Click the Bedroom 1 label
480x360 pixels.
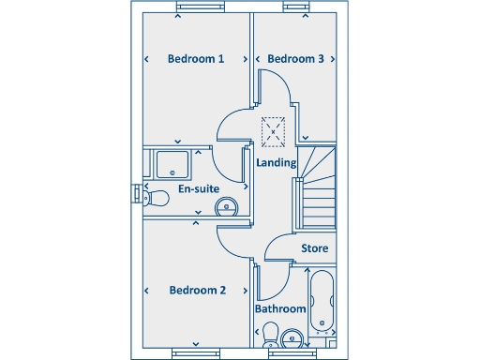(195, 59)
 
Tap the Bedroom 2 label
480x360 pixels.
(197, 290)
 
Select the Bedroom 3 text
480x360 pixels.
(295, 59)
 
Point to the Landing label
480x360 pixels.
(277, 162)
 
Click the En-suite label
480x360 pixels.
(198, 189)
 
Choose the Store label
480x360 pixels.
(314, 248)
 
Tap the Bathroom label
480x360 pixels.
(280, 308)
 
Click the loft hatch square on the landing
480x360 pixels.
(274, 130)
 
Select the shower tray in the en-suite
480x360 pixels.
(171, 165)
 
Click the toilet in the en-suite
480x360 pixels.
(156, 197)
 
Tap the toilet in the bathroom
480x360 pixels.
(270, 335)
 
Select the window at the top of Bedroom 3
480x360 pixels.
(295, 8)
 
